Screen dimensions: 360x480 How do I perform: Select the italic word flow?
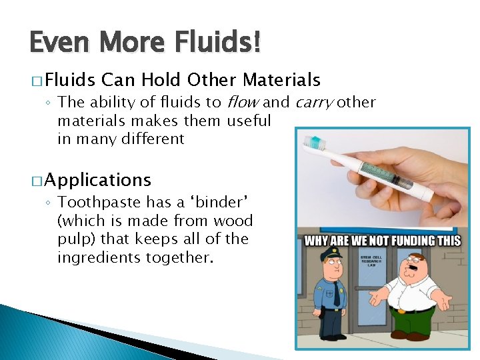[243, 102]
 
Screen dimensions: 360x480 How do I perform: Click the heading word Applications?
[99, 180]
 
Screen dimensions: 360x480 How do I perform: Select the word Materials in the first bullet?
[281, 81]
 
